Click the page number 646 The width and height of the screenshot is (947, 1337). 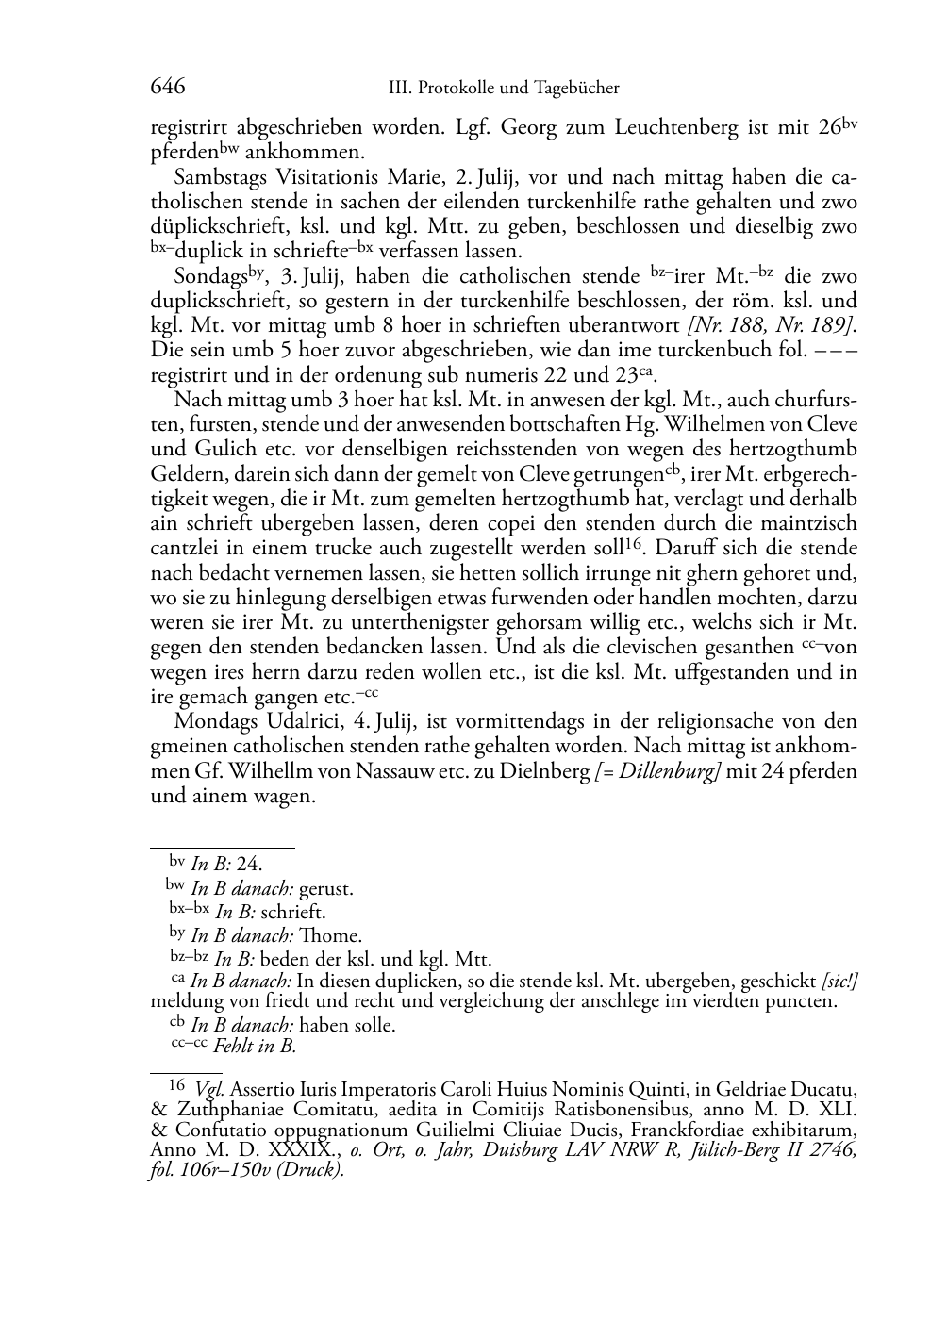pos(167,87)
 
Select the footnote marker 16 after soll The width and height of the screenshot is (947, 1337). pos(637,543)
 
